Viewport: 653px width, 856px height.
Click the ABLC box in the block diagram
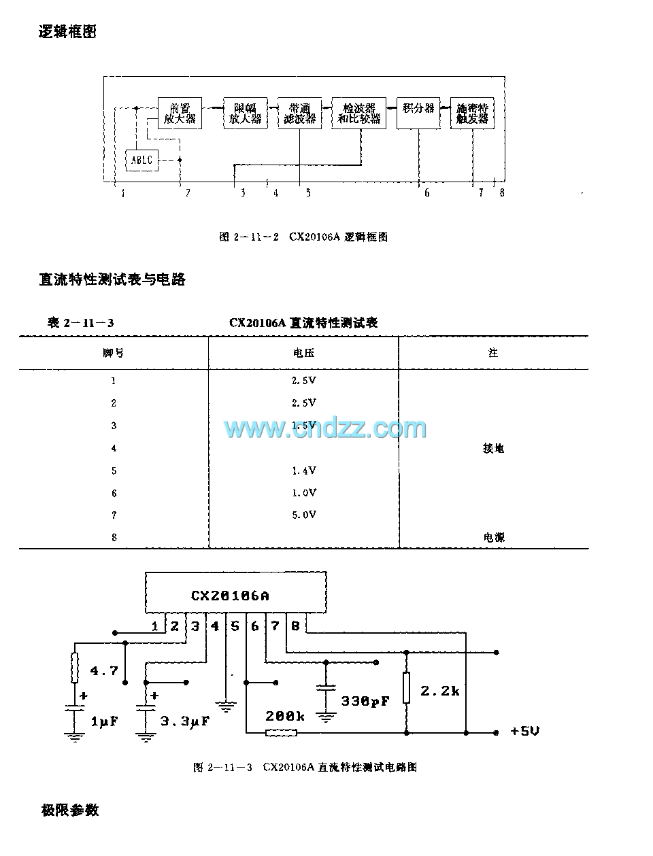[x=142, y=160]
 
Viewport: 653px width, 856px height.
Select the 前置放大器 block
[x=180, y=114]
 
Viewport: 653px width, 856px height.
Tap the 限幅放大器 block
[x=245, y=114]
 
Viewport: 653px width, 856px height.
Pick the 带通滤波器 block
[x=299, y=114]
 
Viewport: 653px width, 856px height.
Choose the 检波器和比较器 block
[x=358, y=114]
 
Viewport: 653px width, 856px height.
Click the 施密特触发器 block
[x=472, y=114]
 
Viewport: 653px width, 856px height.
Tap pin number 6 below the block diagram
[x=427, y=193]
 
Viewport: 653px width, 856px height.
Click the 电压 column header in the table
[x=303, y=353]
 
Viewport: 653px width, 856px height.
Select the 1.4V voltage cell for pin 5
[x=303, y=470]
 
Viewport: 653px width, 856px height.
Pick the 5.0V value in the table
[x=303, y=515]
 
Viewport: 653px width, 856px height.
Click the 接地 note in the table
[x=493, y=448]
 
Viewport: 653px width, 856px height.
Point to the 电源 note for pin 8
[x=494, y=537]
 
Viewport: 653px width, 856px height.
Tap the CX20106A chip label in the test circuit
[x=229, y=596]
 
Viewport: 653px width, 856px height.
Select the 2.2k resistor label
[x=439, y=691]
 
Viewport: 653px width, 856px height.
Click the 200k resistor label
[x=285, y=716]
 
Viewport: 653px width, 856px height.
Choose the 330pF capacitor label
[x=365, y=700]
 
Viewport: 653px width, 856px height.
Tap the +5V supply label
[x=524, y=732]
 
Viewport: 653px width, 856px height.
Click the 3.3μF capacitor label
[x=184, y=721]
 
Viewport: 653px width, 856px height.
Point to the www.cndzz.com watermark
[x=325, y=428]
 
